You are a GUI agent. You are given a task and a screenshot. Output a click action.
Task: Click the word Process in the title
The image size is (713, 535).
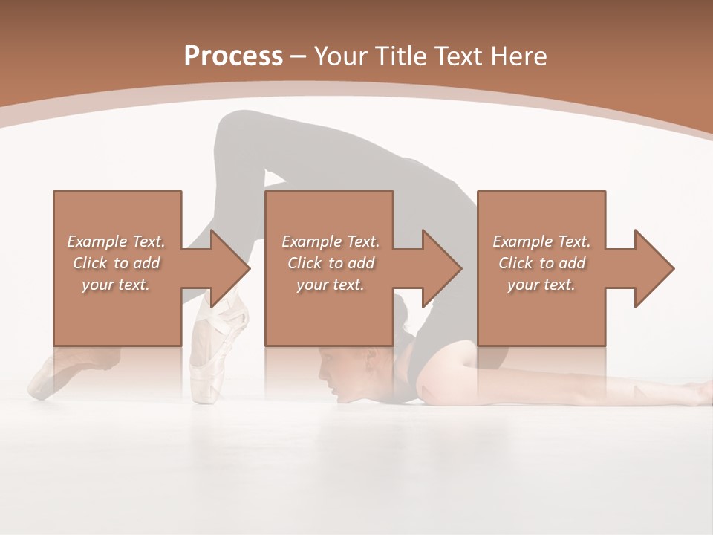(x=233, y=56)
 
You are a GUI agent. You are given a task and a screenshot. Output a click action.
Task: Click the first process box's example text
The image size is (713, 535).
(x=117, y=263)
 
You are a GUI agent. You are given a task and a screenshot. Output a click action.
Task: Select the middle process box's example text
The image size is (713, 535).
(x=330, y=263)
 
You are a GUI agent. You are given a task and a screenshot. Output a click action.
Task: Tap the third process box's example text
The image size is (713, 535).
(x=541, y=263)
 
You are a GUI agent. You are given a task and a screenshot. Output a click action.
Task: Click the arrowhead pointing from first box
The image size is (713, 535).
(x=229, y=268)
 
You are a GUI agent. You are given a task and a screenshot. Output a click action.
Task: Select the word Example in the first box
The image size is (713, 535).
(x=97, y=241)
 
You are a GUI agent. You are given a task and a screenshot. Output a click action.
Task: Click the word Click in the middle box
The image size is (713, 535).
(x=303, y=263)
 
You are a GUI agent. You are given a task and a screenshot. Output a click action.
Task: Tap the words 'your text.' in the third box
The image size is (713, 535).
(x=541, y=285)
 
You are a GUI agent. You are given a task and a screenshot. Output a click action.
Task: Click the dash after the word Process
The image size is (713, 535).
(x=299, y=56)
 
